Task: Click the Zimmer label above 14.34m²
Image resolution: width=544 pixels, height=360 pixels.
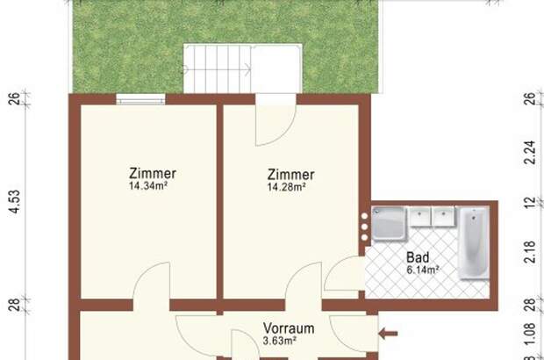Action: click(x=153, y=173)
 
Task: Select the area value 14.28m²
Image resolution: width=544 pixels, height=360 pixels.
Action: click(x=286, y=187)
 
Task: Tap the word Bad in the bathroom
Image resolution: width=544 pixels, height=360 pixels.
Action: click(x=418, y=258)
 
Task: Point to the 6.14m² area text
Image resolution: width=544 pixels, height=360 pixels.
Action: click(x=422, y=270)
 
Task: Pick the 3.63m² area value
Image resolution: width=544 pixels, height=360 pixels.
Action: click(x=281, y=340)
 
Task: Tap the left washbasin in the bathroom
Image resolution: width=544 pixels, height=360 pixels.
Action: click(x=420, y=214)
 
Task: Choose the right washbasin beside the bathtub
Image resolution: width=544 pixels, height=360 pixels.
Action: click(x=443, y=214)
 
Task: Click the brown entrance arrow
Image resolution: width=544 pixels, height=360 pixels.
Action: click(x=388, y=333)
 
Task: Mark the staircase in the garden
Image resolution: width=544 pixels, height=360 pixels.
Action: click(x=217, y=69)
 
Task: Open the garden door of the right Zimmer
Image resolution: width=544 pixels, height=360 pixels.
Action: click(x=268, y=123)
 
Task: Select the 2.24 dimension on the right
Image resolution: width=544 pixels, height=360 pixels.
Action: click(x=528, y=155)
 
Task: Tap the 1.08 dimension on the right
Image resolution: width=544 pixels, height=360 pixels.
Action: click(x=528, y=334)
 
